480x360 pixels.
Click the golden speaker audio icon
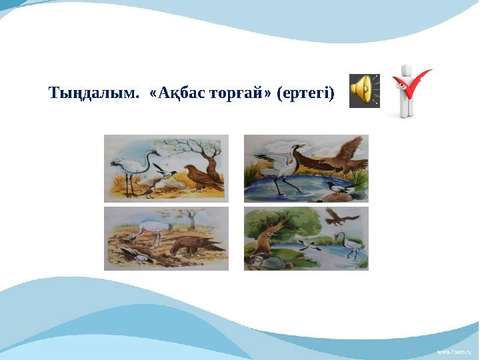pos(363,91)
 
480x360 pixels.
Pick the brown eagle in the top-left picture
pos(201,179)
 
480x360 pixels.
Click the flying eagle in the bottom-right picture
pos(337,215)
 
